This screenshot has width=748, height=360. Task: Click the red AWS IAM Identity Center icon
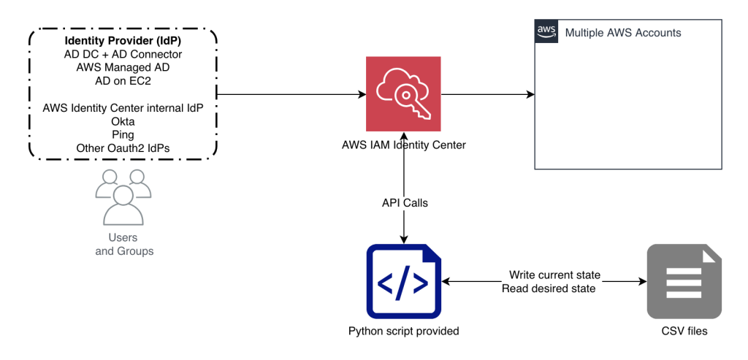403,95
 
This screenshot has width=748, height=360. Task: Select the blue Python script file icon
403,282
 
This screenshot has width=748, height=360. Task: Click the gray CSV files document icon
684,282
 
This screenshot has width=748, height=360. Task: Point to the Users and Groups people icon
123,197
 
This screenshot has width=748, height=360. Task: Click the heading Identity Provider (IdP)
122,41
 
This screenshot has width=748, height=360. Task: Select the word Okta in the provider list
122,121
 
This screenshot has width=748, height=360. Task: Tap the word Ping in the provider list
122,134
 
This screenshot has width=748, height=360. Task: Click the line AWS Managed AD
122,68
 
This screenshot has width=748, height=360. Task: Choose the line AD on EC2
122,81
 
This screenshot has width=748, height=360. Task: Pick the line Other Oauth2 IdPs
122,148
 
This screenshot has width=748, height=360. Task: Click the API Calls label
404,203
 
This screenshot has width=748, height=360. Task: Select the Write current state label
554,275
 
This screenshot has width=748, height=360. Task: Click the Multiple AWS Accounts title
623,33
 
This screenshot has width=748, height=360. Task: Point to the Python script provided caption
403,332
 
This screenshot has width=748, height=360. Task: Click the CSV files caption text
684,332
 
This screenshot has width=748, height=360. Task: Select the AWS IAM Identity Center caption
403,145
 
